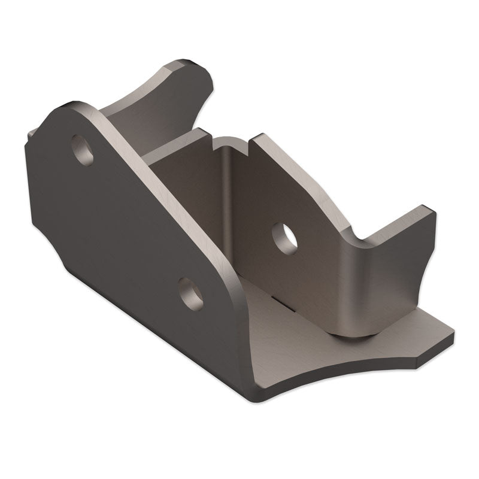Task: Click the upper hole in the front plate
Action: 83,150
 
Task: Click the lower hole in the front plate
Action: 191,293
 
